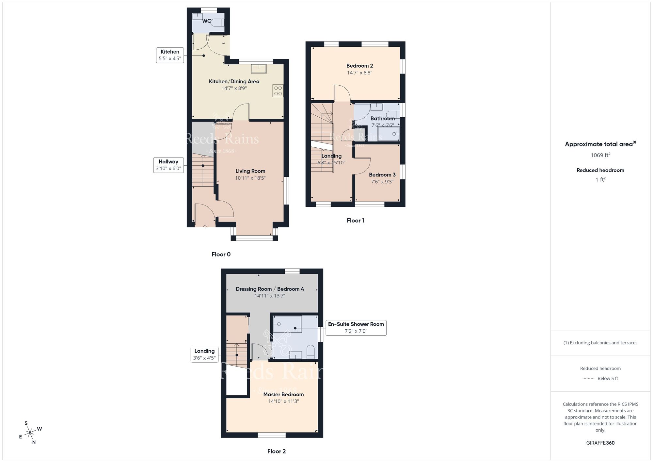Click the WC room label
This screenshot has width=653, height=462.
click(x=206, y=21)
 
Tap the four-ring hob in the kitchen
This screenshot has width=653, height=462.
click(x=278, y=91)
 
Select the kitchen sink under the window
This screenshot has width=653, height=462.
click(x=259, y=69)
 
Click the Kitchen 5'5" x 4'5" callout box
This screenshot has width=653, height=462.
click(x=170, y=55)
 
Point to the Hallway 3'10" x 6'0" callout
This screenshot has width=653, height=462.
click(x=168, y=165)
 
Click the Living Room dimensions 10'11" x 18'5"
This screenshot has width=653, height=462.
click(x=250, y=178)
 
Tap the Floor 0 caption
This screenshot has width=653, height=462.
click(x=221, y=254)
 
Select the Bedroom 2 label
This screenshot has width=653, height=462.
click(x=359, y=66)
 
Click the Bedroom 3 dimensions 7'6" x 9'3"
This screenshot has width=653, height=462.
click(x=382, y=182)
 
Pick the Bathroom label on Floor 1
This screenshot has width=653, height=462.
click(x=382, y=118)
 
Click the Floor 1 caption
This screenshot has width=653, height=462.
click(x=355, y=221)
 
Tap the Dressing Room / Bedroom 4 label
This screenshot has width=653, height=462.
click(x=270, y=289)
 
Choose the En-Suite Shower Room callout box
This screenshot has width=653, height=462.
click(x=356, y=327)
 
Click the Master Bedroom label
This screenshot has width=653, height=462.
click(x=283, y=394)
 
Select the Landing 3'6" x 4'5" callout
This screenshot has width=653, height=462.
click(x=204, y=355)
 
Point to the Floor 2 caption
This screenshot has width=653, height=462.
click(x=276, y=451)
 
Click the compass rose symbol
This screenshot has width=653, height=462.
click(x=30, y=433)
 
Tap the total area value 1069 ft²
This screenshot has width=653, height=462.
click(x=600, y=155)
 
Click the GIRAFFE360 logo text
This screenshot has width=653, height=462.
click(x=600, y=443)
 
